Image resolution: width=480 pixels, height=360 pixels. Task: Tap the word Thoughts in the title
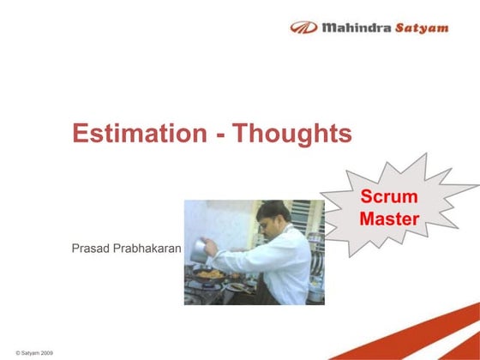[293, 135]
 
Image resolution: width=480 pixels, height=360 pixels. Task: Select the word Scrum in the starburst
[389, 197]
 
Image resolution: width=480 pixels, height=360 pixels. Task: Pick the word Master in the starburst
[389, 219]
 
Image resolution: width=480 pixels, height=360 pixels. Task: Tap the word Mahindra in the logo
[356, 27]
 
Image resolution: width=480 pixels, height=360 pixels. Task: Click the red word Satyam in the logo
[421, 27]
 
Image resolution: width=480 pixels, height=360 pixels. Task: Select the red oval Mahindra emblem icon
[303, 27]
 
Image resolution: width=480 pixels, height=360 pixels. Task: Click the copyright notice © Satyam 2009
[29, 353]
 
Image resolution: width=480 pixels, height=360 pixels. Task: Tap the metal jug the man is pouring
[200, 249]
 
